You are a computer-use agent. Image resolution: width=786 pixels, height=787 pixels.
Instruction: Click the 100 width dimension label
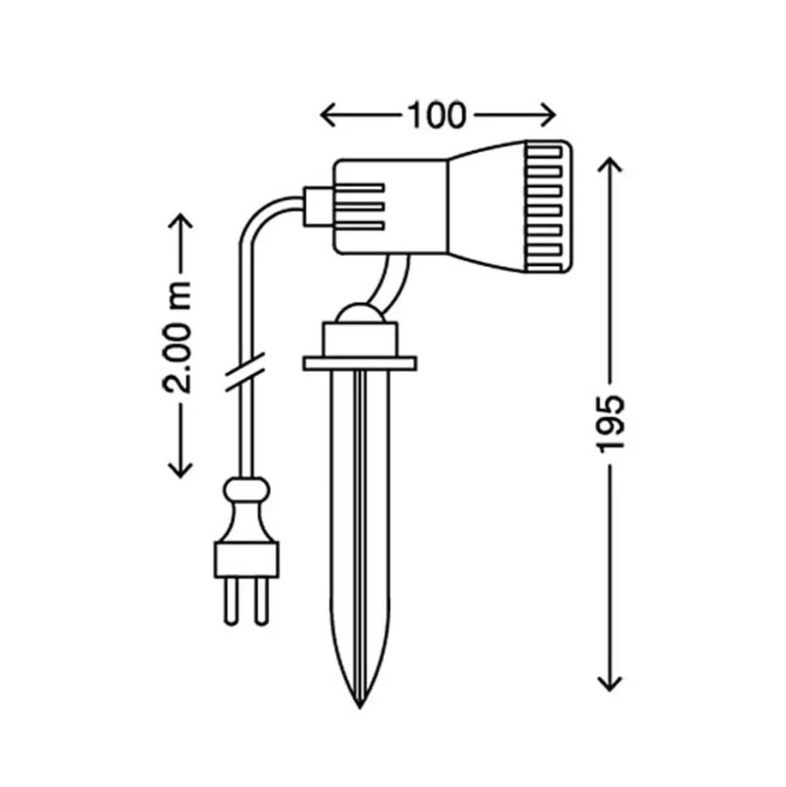click(x=436, y=115)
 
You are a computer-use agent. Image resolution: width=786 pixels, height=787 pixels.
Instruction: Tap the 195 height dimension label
click(x=610, y=424)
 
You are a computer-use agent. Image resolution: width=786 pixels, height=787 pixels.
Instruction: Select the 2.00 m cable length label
click(x=177, y=338)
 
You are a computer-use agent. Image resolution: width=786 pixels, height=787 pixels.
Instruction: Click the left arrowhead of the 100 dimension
click(x=327, y=115)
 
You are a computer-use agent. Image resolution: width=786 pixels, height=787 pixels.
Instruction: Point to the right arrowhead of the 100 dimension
click(x=548, y=115)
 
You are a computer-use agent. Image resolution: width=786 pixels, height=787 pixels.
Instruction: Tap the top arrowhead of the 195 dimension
click(x=610, y=165)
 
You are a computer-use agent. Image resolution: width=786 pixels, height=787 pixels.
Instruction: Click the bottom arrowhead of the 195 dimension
click(x=610, y=683)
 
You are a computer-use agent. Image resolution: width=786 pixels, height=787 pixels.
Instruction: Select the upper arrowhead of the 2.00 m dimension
click(x=180, y=220)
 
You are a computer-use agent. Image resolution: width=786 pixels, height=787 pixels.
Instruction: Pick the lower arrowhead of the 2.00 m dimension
click(x=180, y=470)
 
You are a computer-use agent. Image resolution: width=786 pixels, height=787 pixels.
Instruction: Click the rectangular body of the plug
click(x=246, y=559)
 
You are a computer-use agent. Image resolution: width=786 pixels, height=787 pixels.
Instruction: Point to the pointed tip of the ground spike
click(x=360, y=708)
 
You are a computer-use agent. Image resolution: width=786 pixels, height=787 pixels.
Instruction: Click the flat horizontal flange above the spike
click(x=360, y=363)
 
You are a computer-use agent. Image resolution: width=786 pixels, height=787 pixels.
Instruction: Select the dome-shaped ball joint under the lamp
click(x=360, y=313)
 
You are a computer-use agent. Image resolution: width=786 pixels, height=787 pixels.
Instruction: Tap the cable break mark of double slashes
click(x=245, y=371)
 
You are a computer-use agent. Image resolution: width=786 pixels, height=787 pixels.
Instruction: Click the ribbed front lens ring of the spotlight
click(x=548, y=207)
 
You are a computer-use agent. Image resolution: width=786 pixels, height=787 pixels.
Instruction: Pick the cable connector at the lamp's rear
click(x=318, y=207)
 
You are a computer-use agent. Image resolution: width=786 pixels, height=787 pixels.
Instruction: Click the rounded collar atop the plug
click(x=246, y=490)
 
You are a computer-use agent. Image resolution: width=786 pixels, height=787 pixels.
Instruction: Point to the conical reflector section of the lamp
click(x=486, y=207)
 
